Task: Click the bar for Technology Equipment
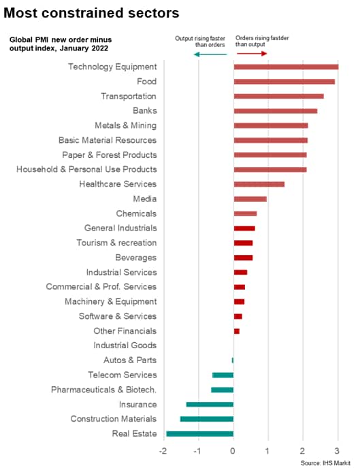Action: pos(286,67)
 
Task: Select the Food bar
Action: pos(284,82)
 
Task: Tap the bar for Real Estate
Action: pos(199,434)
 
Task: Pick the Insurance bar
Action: pos(210,405)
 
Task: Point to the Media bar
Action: pos(250,199)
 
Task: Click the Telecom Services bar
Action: pos(223,375)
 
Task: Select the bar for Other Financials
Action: pos(236,331)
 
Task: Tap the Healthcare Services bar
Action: pos(259,184)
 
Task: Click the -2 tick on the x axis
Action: pos(163,452)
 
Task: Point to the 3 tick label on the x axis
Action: pos(337,452)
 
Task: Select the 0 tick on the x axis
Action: pos(232,452)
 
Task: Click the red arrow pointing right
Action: pos(252,54)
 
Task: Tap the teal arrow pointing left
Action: pos(210,54)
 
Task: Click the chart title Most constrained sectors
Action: pos(91,13)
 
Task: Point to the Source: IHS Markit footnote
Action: pos(325,463)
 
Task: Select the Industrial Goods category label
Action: pos(125,345)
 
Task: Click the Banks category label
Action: pos(144,111)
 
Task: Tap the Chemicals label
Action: pos(136,214)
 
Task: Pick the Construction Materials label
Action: pos(114,419)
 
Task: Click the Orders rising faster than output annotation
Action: pos(262,41)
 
